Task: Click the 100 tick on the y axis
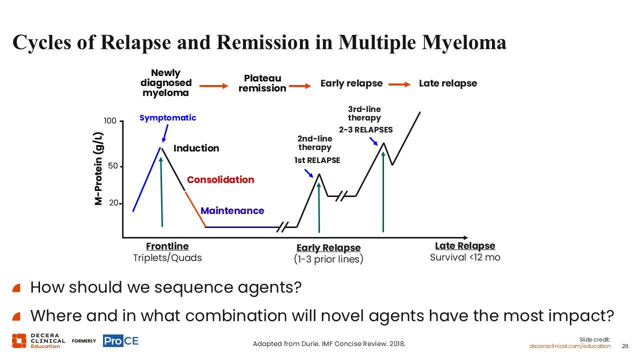click(x=121, y=121)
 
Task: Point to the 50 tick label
click(x=113, y=165)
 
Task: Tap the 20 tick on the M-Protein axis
click(x=120, y=203)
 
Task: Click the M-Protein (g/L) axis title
click(x=98, y=168)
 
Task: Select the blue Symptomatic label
click(x=167, y=117)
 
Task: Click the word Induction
click(x=196, y=148)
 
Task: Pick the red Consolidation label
click(x=220, y=179)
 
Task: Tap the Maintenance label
click(x=232, y=211)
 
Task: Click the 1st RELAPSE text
click(x=317, y=160)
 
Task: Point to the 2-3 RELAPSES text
click(x=365, y=129)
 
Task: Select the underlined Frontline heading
click(x=167, y=246)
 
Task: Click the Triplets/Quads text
click(x=167, y=257)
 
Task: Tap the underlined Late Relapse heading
click(x=465, y=245)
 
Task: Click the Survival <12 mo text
click(x=465, y=257)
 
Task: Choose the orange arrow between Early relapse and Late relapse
click(x=399, y=84)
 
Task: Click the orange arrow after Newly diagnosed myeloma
click(x=213, y=86)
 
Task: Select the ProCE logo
click(x=121, y=341)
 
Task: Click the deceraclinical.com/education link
click(x=569, y=346)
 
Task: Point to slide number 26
click(x=625, y=346)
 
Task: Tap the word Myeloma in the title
click(x=464, y=42)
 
